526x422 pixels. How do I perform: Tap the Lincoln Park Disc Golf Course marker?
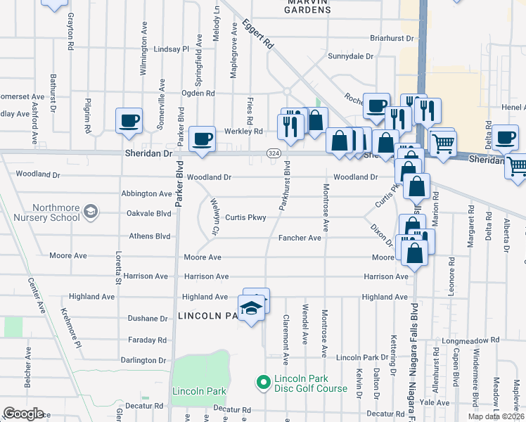(264, 383)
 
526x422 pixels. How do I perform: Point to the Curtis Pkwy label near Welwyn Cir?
(245, 218)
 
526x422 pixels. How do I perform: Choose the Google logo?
(23, 414)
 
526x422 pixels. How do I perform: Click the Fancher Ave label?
(300, 238)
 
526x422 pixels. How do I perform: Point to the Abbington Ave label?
(146, 193)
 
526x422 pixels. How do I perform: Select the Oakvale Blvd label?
(149, 213)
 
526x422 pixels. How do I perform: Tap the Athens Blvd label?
(149, 237)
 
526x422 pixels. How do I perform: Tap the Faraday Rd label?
(147, 340)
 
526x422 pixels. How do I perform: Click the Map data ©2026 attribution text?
(496, 416)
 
